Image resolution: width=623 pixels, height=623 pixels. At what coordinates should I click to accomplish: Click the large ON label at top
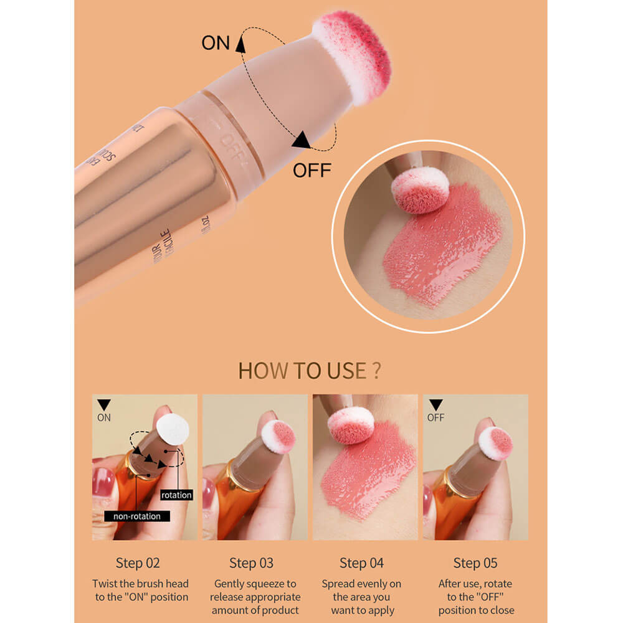(216, 43)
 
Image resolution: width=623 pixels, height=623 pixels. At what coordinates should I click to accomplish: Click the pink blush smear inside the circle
(442, 249)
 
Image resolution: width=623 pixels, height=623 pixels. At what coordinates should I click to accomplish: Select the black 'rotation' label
(176, 495)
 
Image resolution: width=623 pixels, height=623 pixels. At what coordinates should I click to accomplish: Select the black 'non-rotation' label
(136, 516)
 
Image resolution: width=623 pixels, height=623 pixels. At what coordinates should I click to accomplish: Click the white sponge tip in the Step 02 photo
(173, 429)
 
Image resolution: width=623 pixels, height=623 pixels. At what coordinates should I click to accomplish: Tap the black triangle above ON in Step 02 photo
(103, 405)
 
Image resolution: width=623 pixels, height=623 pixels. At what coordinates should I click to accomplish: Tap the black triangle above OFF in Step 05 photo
(435, 405)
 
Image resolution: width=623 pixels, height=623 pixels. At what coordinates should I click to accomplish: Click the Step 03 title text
(251, 563)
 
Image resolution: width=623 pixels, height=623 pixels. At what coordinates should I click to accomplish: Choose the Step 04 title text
(361, 563)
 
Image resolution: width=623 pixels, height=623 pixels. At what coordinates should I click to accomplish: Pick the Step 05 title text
(475, 563)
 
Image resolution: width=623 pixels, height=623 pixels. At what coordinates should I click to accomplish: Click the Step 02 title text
(138, 563)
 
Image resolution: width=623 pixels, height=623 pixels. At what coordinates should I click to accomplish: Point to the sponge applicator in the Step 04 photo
(351, 424)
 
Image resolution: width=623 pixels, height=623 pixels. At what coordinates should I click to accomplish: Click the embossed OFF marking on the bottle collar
(232, 146)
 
